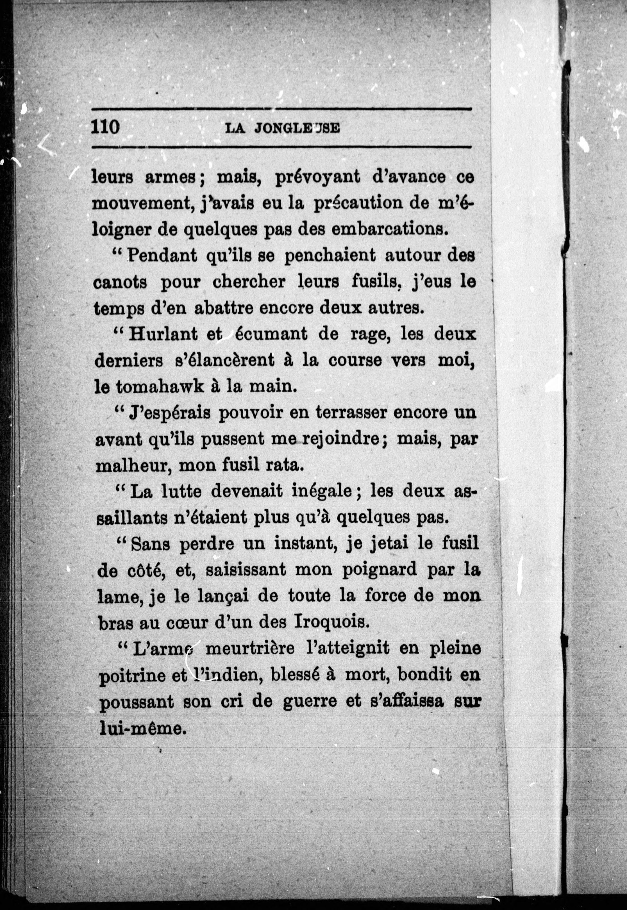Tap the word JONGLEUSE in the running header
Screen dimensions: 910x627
[x=297, y=128]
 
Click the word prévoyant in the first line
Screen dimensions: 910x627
[x=317, y=177]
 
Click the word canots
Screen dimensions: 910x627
[x=120, y=282]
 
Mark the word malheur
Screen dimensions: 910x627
[x=132, y=466]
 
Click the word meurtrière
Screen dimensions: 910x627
[x=250, y=649]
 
